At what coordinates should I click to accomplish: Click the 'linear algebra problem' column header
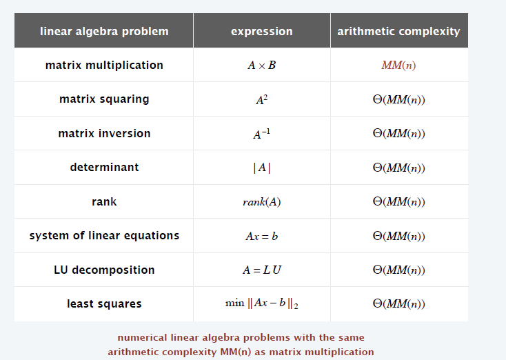104,31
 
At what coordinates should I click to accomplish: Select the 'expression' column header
262,31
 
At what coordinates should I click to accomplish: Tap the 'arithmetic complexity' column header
399,31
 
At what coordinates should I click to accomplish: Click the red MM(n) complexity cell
398,66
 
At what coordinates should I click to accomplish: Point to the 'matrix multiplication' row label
104,66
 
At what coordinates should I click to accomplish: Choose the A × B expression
262,66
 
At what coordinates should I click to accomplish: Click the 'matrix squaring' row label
104,99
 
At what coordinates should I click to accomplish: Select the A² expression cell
262,100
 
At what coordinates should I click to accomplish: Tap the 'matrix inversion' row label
104,133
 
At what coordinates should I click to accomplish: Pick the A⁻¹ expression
262,134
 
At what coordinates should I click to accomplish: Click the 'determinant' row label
104,168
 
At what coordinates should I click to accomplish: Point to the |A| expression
262,168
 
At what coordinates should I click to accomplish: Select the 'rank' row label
104,202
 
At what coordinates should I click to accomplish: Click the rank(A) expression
262,202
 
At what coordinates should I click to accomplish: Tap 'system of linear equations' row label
104,236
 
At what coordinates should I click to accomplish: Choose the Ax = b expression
262,236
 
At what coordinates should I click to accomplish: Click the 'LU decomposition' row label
104,270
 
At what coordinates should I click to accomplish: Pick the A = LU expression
262,270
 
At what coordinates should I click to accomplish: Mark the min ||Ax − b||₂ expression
262,303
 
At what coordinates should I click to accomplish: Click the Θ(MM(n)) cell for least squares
399,303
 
